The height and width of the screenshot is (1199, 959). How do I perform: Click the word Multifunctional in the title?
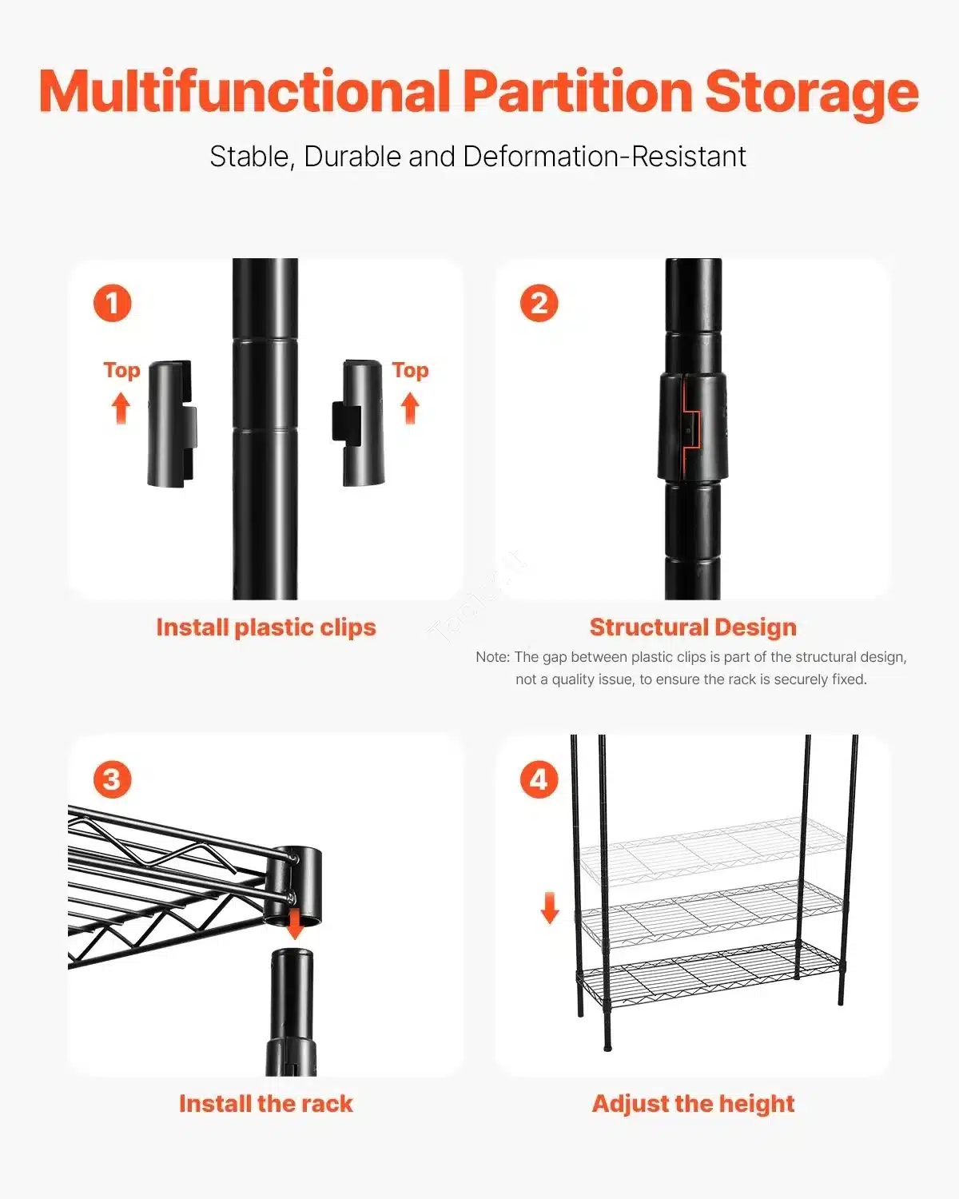pyautogui.click(x=244, y=91)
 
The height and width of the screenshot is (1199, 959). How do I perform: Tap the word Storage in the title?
pyautogui.click(x=811, y=94)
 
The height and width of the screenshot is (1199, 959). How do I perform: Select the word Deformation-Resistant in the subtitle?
pyautogui.click(x=605, y=157)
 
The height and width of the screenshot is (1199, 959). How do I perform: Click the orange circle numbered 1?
pyautogui.click(x=113, y=303)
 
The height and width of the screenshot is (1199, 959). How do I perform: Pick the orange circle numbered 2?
pyautogui.click(x=539, y=303)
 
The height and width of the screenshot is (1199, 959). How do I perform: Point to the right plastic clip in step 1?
pyautogui.click(x=358, y=423)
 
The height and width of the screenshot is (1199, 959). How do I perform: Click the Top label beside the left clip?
pyautogui.click(x=121, y=371)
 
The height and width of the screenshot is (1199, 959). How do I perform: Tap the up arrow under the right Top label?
pyautogui.click(x=410, y=408)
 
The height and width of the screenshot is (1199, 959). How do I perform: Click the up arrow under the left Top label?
pyautogui.click(x=121, y=408)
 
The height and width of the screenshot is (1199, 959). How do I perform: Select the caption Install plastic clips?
pyautogui.click(x=266, y=628)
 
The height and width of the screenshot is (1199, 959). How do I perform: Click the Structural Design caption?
pyautogui.click(x=693, y=627)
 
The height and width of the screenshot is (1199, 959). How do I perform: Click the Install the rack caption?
pyautogui.click(x=266, y=1104)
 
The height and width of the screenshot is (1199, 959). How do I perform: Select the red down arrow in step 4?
pyautogui.click(x=550, y=907)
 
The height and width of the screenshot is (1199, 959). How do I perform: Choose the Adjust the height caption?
pyautogui.click(x=693, y=1105)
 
